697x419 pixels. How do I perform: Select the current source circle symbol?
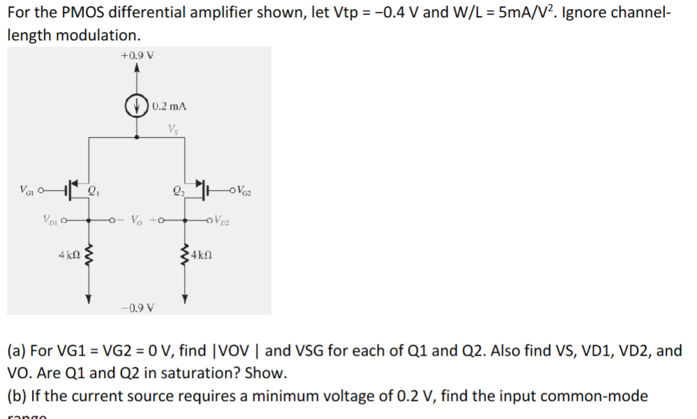click(x=137, y=106)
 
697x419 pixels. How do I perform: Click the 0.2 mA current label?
click(x=169, y=106)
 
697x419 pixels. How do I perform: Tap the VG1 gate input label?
click(x=29, y=187)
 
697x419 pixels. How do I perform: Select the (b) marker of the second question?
click(x=17, y=396)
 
